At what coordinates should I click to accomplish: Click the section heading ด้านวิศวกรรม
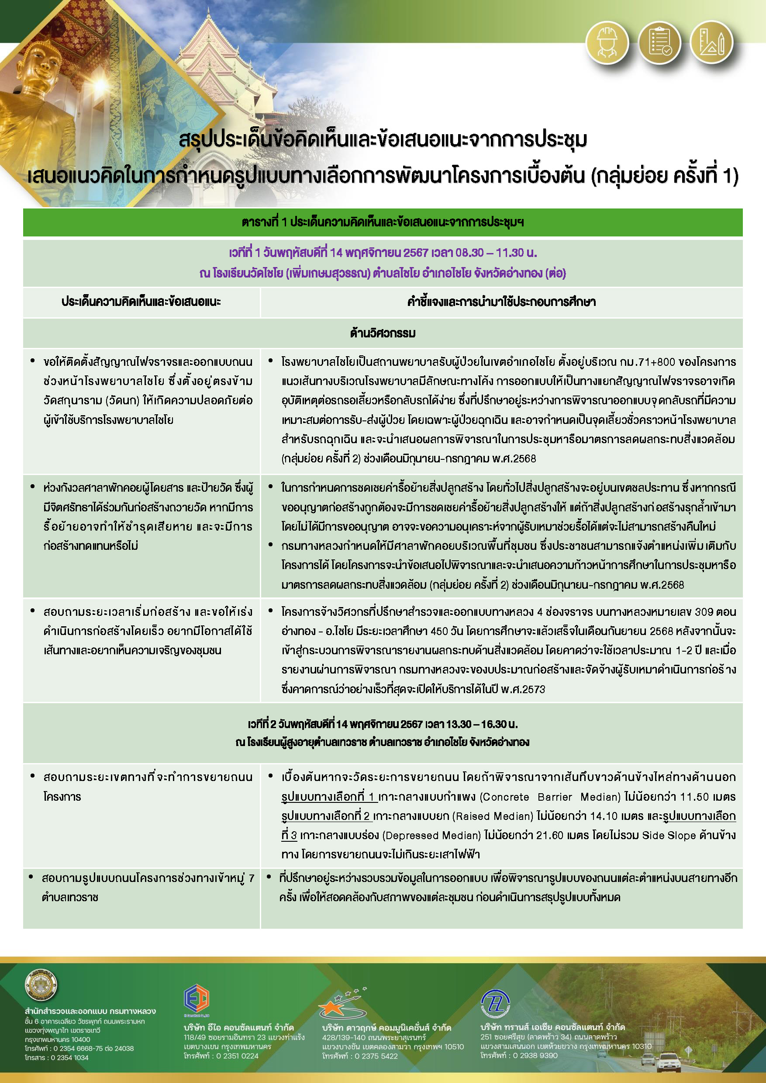click(x=383, y=333)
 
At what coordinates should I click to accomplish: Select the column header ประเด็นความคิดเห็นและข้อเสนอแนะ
click(x=141, y=302)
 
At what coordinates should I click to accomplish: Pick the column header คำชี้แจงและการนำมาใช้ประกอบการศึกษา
click(x=501, y=302)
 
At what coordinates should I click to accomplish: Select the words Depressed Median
click(x=431, y=836)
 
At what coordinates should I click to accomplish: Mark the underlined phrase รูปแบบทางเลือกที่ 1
click(x=329, y=797)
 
